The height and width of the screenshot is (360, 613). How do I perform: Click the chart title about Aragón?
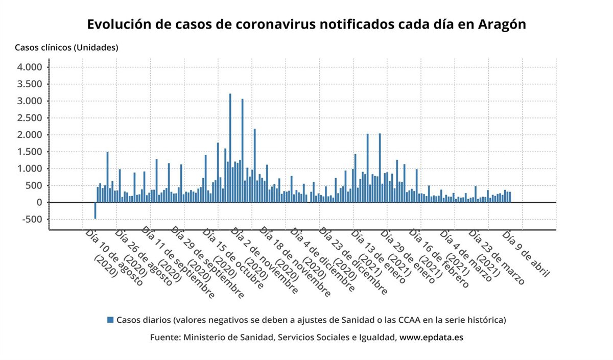pyautogui.click(x=306, y=24)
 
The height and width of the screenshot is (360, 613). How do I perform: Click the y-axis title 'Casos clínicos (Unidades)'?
pyautogui.click(x=66, y=47)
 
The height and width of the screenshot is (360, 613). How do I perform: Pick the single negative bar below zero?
pyautogui.click(x=95, y=211)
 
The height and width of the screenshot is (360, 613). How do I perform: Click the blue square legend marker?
pyautogui.click(x=110, y=320)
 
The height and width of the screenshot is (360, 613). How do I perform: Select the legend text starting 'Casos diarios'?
pyautogui.click(x=311, y=320)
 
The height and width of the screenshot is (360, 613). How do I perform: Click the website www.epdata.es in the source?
pyautogui.click(x=431, y=338)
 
